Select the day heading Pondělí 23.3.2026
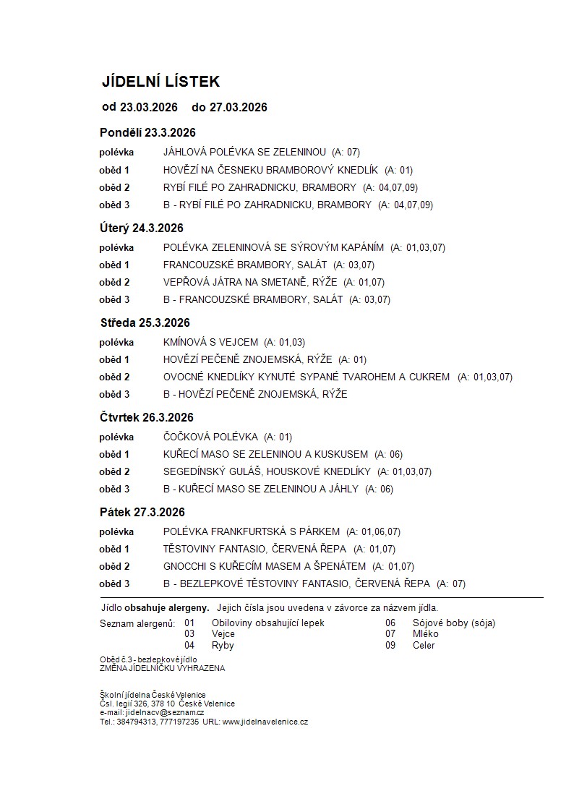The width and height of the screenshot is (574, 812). click(147, 133)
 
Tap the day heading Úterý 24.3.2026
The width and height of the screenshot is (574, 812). click(142, 228)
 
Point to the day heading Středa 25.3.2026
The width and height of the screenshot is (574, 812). click(145, 323)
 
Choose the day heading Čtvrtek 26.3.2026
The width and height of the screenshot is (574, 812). click(147, 418)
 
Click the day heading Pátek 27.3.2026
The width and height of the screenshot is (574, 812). click(142, 513)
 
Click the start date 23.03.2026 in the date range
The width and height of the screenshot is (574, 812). click(149, 108)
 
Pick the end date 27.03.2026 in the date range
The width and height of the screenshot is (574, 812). click(239, 108)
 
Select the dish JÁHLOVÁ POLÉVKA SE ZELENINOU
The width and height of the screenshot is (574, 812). click(245, 153)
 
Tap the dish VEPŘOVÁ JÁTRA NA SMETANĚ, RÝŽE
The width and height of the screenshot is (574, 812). click(250, 282)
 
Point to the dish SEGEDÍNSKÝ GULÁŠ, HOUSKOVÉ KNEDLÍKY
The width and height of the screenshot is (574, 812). click(267, 471)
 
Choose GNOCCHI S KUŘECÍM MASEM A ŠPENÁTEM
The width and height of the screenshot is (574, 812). click(265, 566)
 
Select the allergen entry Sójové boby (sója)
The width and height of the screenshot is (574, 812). click(453, 623)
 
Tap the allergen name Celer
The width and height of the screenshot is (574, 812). click(424, 645)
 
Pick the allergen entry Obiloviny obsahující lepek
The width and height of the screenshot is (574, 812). click(268, 623)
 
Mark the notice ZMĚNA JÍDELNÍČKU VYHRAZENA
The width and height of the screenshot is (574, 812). click(163, 668)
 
